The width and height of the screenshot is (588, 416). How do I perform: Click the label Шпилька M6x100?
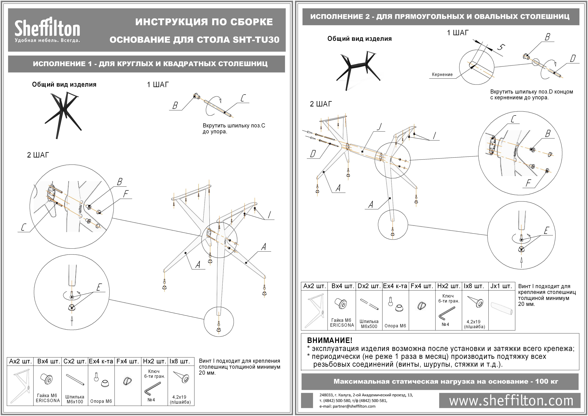75,399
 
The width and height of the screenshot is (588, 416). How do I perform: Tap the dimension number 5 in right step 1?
501,47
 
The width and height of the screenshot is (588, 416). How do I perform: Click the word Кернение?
442,75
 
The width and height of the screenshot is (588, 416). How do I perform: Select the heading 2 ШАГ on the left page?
38,155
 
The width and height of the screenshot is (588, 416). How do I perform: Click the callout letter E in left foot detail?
99,287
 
